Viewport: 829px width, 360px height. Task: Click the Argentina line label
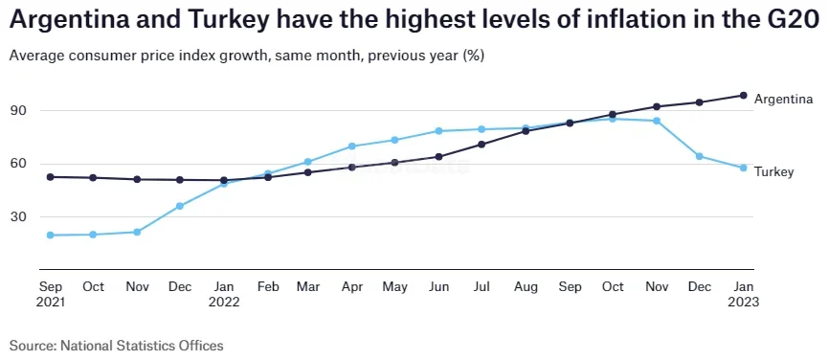coord(783,99)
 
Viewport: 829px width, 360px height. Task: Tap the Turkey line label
coord(773,171)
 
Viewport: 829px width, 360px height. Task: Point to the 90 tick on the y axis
coord(20,111)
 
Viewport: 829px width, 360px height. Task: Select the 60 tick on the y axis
coord(20,164)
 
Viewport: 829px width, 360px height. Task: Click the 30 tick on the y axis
coord(20,217)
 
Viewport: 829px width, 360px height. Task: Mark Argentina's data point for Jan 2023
coord(743,95)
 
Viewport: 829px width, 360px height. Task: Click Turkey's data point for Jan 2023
coord(743,168)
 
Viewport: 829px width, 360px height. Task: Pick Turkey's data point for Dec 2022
coord(700,156)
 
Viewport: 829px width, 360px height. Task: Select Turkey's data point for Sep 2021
coord(50,235)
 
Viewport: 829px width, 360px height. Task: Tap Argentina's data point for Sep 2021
coord(50,177)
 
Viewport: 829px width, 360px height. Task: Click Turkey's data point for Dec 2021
coord(180,206)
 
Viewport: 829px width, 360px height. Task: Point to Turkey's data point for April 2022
coord(352,146)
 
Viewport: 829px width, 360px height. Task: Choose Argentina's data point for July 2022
coord(482,145)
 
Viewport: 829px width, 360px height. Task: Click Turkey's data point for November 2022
coord(657,121)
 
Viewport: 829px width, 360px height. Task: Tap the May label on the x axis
coord(395,286)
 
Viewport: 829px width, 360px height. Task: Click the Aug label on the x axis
coord(526,286)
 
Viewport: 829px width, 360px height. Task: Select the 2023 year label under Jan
coord(743,303)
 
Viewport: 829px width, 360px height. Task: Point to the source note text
coord(116,345)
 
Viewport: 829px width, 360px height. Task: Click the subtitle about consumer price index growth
coord(246,56)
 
